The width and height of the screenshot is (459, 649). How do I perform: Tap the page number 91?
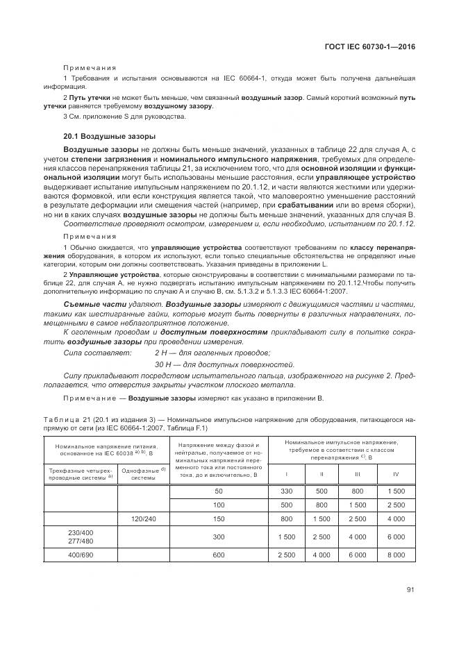coord(410,591)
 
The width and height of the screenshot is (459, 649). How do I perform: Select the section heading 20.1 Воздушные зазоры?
coord(108,137)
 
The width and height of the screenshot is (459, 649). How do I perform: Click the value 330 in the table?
coord(286,491)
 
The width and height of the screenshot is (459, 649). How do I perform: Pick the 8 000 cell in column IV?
coord(396,555)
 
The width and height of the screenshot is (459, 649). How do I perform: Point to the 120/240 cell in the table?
coord(143,518)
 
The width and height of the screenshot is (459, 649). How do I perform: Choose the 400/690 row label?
coord(81,555)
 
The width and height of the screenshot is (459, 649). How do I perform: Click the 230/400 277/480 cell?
coord(81,537)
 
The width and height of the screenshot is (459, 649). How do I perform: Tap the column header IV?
coord(396,474)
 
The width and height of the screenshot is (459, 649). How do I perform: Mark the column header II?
coord(322,474)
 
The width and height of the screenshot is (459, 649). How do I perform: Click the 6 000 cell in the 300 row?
coord(396,537)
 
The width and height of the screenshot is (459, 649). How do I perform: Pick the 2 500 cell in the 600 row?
coord(286,555)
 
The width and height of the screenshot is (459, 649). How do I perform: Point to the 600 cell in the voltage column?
coord(219,555)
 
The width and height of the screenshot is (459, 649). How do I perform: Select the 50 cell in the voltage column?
coord(219,491)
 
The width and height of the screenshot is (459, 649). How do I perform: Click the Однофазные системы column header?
coord(143,473)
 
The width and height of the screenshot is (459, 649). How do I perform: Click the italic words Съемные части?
coord(87,305)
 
